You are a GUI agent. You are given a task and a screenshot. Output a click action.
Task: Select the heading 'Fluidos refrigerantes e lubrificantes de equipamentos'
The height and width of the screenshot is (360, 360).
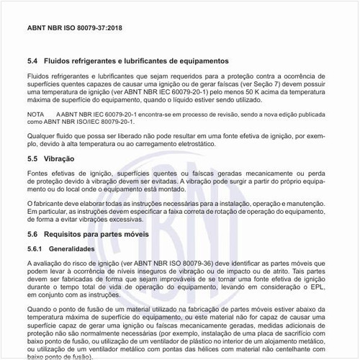[137, 61]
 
